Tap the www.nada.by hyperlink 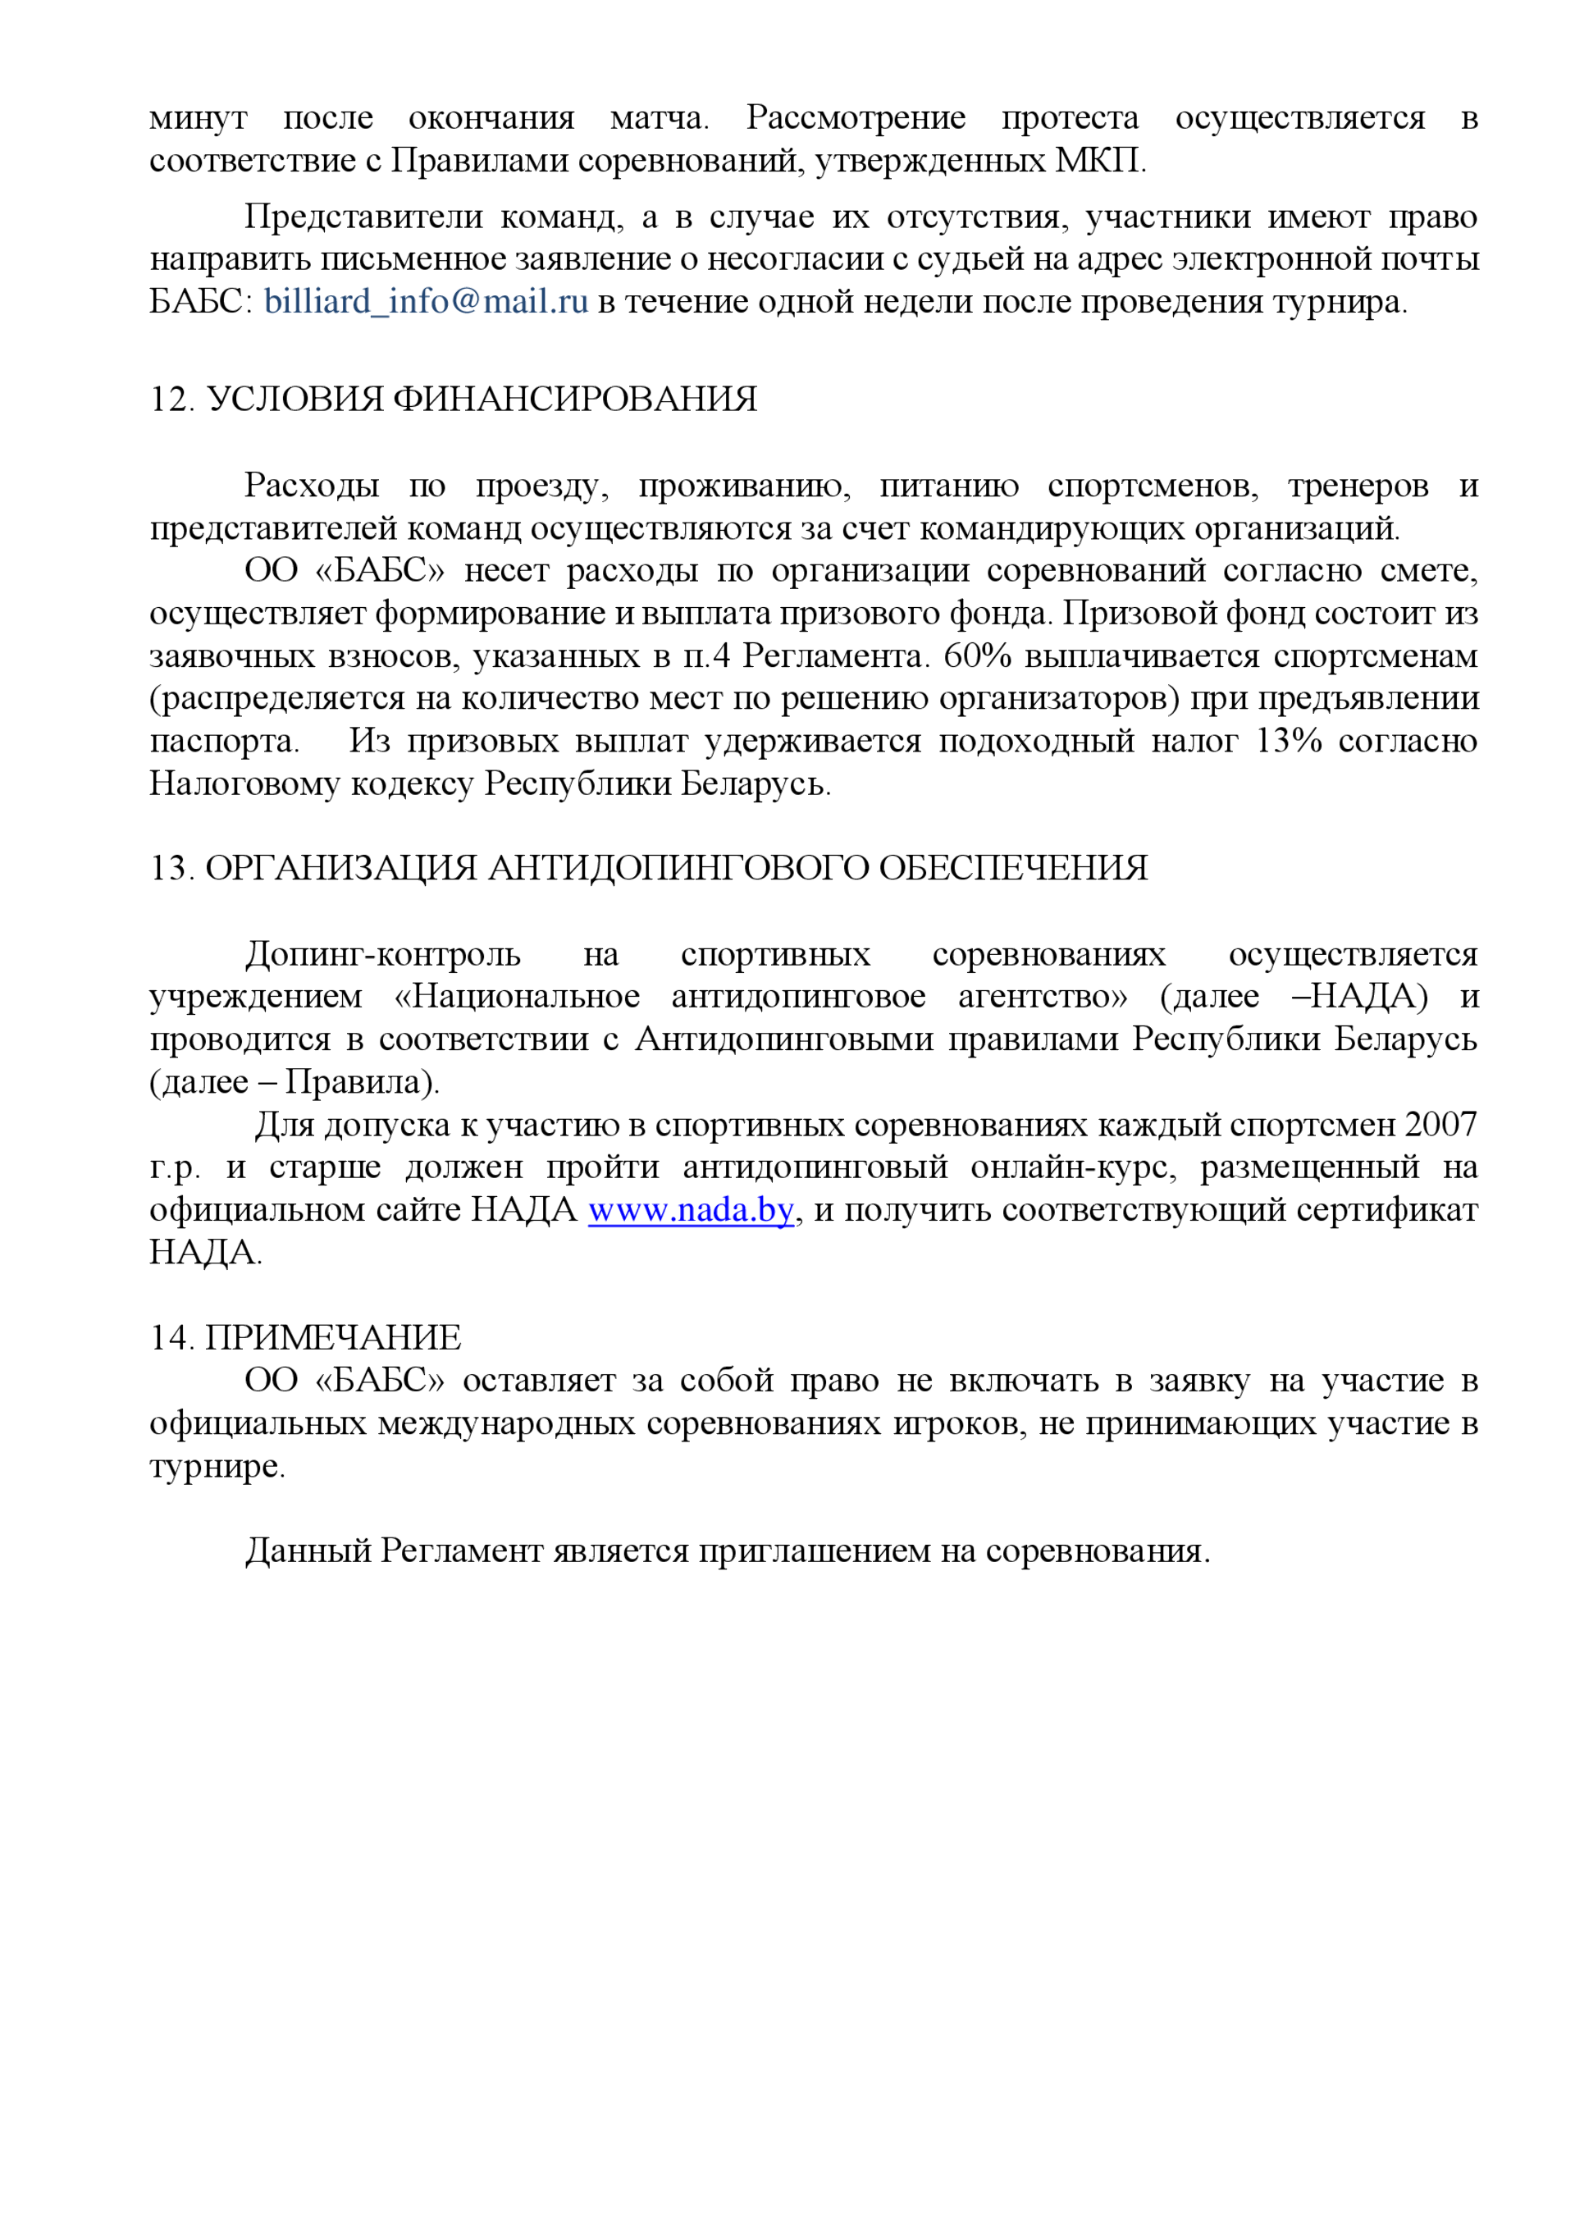691,1211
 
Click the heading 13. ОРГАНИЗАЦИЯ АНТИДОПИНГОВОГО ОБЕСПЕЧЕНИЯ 648,868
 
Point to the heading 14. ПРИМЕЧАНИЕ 305,1338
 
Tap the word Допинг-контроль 382,954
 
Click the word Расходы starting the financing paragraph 311,486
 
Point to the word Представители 363,217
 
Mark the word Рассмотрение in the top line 856,117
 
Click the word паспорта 223,742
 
